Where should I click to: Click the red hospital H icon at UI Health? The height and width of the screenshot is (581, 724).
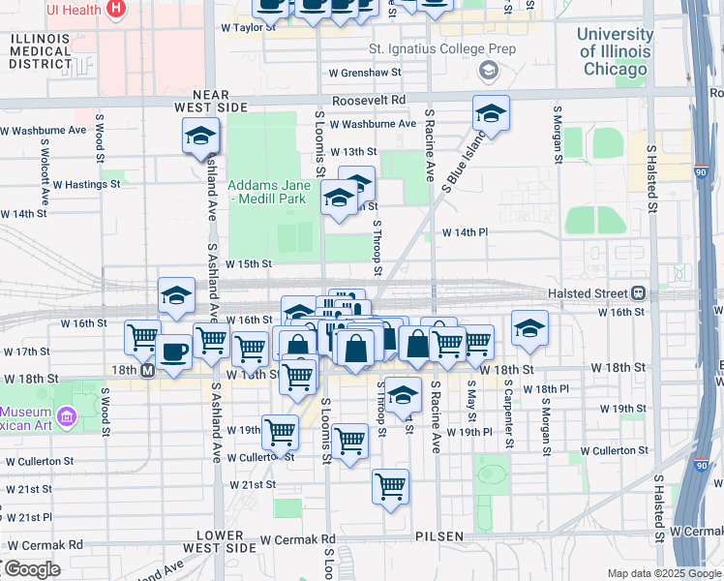point(116,9)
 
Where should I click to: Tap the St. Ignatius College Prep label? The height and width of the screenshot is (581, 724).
point(441,48)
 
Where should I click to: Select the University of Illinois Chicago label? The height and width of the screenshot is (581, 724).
point(615,51)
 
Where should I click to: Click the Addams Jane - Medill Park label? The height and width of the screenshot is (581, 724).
point(268,192)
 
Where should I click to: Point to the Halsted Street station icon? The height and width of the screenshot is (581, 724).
point(638,292)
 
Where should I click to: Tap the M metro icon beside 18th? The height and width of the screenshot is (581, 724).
point(148,371)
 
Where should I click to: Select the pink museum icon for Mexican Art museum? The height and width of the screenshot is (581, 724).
point(67,417)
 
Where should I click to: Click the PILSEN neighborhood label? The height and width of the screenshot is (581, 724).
point(440,535)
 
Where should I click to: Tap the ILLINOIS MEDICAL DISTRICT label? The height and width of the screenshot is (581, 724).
point(40,50)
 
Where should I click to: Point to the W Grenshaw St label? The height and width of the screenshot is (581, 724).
point(364,73)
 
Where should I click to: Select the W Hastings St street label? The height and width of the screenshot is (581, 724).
point(87,183)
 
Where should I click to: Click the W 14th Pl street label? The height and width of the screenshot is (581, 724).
point(468,232)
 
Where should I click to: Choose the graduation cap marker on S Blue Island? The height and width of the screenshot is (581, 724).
point(491,113)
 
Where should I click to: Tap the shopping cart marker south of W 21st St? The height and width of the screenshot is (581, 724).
point(390,486)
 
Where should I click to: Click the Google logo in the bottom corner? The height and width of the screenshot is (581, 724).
point(31,569)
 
